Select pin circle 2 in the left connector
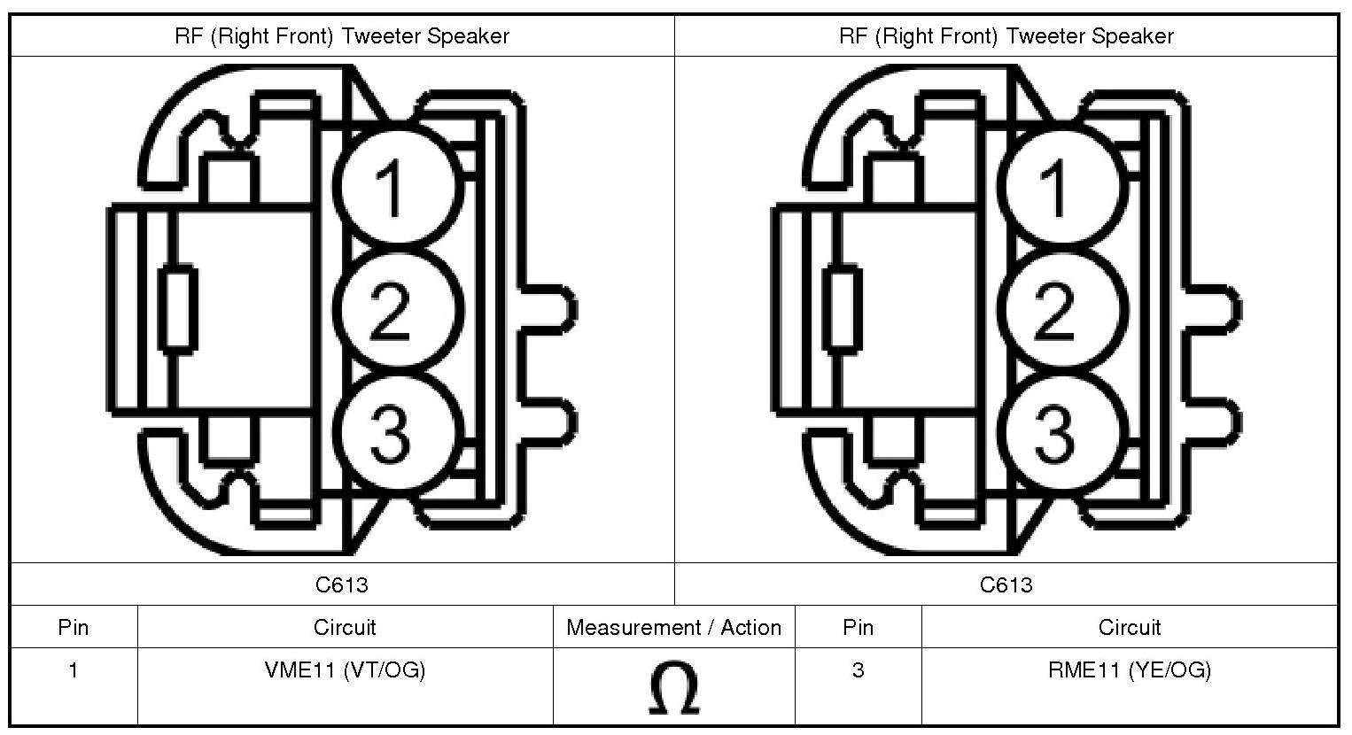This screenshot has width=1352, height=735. click(x=400, y=309)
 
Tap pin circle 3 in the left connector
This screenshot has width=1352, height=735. click(x=400, y=432)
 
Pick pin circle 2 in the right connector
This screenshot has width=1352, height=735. click(x=1065, y=309)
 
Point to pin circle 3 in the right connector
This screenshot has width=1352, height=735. click(x=1065, y=432)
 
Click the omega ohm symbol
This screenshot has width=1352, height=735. click(x=673, y=689)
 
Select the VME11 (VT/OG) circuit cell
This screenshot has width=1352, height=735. click(x=345, y=670)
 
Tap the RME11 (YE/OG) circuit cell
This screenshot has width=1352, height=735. click(x=1129, y=670)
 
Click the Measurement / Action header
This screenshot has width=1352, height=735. click(x=673, y=628)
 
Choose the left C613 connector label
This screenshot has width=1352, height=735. click(x=341, y=584)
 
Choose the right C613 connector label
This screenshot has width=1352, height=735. click(x=1006, y=584)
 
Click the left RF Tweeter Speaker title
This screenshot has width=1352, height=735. click(x=341, y=36)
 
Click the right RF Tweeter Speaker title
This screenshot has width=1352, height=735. click(x=1006, y=36)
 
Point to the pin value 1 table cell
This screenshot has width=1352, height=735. click(x=74, y=670)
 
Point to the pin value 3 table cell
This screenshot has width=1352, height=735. click(x=858, y=670)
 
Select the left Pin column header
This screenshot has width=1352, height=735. click(x=74, y=628)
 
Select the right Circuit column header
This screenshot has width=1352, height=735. click(x=1129, y=628)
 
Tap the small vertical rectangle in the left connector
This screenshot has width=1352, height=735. click(x=178, y=309)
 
